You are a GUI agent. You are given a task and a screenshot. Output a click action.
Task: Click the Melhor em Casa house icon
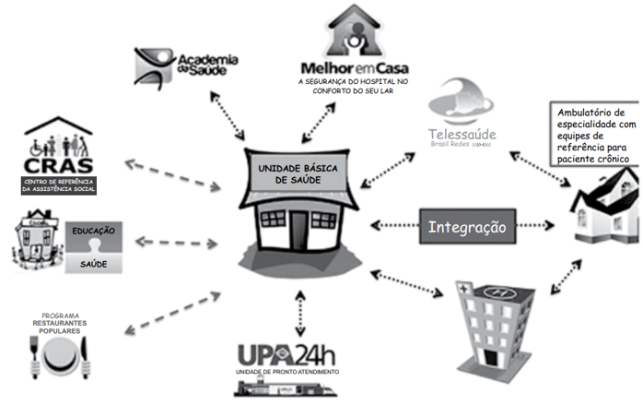(x=354, y=30)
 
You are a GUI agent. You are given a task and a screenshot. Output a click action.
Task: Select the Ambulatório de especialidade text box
(x=595, y=136)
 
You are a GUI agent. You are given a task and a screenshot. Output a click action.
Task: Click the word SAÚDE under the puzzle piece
(x=94, y=263)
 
